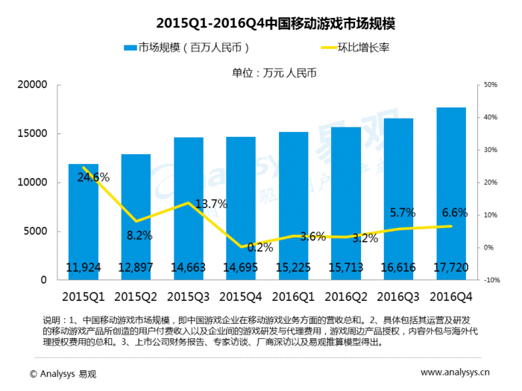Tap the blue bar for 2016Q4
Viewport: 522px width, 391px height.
pos(451,194)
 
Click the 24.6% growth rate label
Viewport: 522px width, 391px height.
pos(92,177)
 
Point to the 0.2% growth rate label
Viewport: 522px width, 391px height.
pos(239,247)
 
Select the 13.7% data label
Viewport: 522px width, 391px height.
pos(210,203)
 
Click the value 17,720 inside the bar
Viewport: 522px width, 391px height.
pos(451,267)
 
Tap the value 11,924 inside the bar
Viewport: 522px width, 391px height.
pos(84,267)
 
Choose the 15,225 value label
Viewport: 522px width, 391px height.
pos(293,267)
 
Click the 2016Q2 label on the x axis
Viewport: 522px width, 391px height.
pos(346,296)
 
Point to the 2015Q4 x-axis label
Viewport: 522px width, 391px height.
pos(241,296)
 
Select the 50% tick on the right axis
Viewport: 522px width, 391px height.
pos(490,85)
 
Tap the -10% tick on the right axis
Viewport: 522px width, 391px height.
pos(491,280)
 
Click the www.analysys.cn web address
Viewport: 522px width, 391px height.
pos(455,372)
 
